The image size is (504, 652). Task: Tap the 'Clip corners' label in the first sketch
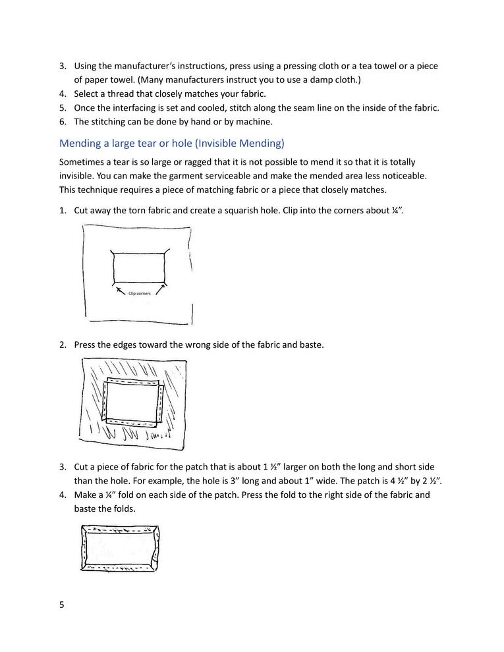click(140, 293)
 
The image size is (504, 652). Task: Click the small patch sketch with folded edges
click(121, 548)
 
